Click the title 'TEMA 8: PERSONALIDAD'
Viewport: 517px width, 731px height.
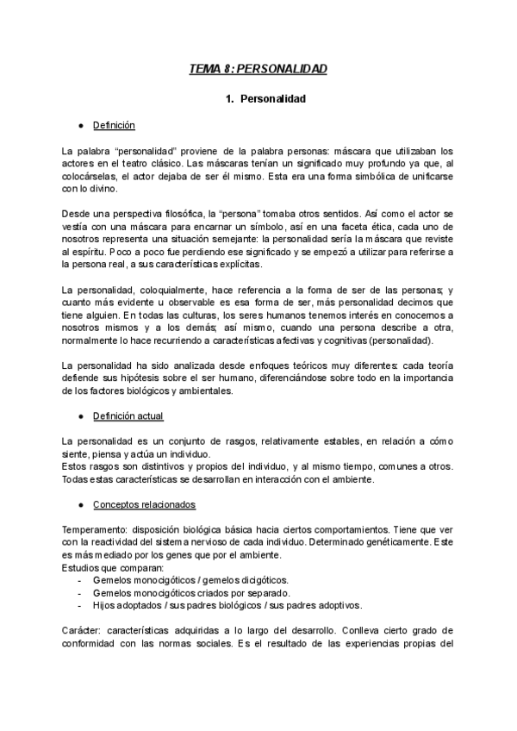pos(258,68)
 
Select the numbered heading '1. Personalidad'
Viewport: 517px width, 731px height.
pos(265,99)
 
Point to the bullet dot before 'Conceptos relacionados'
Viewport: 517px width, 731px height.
pos(80,503)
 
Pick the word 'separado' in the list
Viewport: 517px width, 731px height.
pos(265,594)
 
